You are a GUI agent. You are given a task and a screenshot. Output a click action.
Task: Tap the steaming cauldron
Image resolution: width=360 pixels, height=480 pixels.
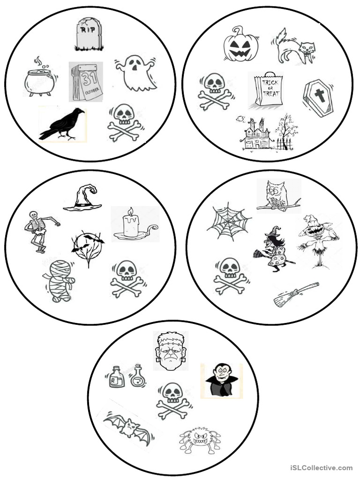tap(40, 81)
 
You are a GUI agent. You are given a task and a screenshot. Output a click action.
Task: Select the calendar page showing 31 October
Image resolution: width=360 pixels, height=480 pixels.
tap(86, 82)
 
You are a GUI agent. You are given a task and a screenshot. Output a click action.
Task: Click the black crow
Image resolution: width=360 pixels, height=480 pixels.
tap(63, 124)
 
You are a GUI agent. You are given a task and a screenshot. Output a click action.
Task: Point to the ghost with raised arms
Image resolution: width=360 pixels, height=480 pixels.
tap(136, 73)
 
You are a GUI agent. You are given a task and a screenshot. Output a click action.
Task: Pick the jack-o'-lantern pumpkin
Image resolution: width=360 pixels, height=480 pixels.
tap(240, 44)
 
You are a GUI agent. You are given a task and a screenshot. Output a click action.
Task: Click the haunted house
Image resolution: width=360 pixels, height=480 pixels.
tap(258, 134)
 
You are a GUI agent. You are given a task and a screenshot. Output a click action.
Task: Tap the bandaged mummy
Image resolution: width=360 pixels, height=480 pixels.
tap(60, 280)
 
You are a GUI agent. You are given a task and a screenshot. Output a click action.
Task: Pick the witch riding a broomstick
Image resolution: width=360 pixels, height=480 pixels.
tap(274, 249)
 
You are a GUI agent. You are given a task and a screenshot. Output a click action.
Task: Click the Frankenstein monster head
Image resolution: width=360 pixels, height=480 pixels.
tap(170, 351)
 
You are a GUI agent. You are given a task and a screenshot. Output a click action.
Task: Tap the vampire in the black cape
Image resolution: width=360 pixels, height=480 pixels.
tap(221, 380)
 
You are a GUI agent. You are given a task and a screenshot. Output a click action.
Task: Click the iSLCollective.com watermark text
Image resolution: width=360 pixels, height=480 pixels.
tap(321, 467)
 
